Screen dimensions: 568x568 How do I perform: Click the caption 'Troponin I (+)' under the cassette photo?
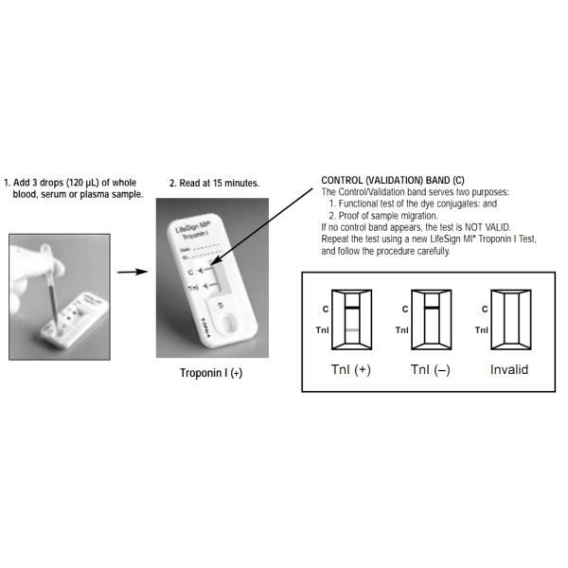[x=211, y=372]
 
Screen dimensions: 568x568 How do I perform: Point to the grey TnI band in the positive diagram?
[x=350, y=328]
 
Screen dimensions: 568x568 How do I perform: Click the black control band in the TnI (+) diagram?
[x=350, y=309]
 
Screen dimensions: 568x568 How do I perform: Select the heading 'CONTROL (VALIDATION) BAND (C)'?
[x=392, y=181]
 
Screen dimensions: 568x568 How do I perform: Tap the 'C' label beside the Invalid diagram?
[x=485, y=309]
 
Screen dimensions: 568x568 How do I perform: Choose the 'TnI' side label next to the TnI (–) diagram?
[x=402, y=329]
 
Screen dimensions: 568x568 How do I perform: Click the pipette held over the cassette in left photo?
[x=44, y=284]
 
